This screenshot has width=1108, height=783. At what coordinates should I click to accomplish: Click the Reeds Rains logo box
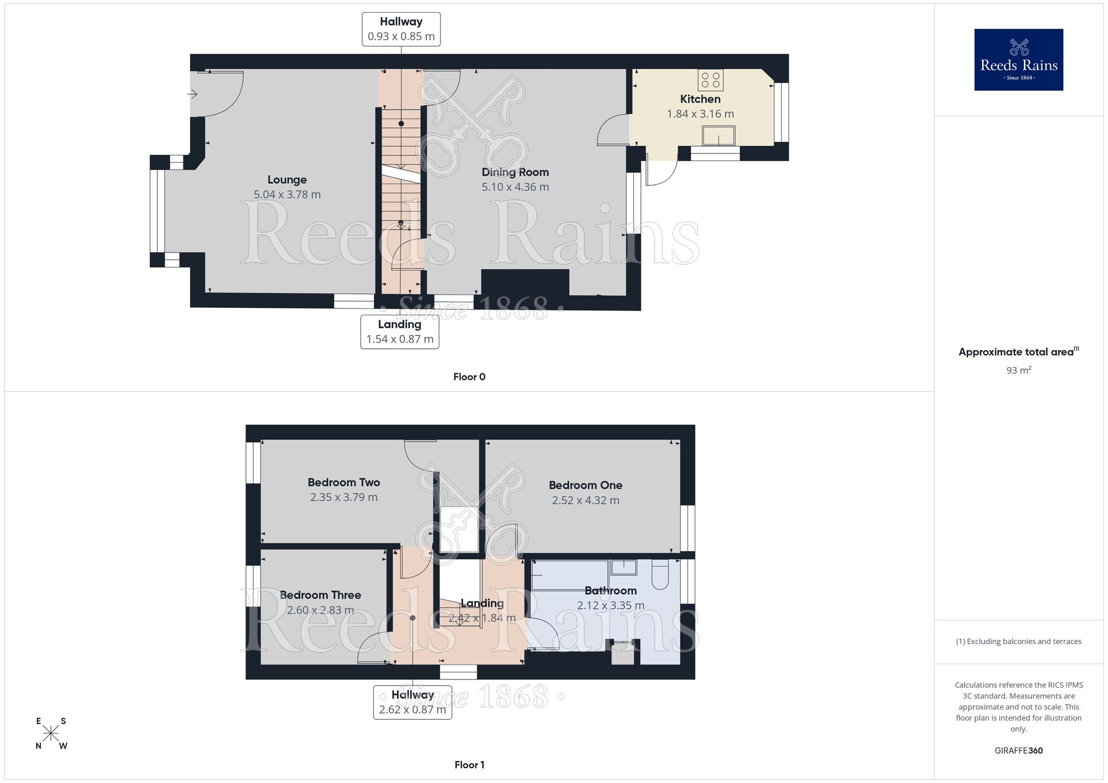point(1018,60)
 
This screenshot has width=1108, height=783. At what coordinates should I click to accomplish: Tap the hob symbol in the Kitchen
point(710,80)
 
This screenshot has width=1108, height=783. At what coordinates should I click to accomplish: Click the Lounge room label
point(287,180)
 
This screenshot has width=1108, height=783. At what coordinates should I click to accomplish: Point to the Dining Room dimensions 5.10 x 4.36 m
point(515,187)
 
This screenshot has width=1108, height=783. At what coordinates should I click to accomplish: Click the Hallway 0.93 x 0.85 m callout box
point(401,29)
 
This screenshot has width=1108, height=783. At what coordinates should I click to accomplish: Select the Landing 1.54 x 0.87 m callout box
point(399,332)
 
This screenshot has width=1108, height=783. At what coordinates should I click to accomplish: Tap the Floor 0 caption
point(469,377)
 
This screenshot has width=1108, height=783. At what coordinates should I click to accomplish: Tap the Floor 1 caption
point(469,765)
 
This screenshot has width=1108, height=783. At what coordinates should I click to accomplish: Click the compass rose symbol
point(51,734)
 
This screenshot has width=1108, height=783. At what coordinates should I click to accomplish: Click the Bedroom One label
point(586,486)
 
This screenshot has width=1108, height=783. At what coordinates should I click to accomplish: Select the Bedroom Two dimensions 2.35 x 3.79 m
point(343,497)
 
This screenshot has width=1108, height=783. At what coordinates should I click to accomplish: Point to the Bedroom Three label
point(320,595)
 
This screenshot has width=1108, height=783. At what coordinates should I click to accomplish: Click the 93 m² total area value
point(1018,370)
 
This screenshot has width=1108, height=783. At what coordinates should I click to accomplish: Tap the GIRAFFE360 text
point(1018,751)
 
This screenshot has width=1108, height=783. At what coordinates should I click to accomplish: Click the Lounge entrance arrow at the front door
point(192,95)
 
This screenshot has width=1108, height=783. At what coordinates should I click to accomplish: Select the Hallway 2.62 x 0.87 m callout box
point(412,702)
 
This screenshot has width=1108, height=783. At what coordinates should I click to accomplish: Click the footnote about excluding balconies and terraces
point(1018,642)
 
